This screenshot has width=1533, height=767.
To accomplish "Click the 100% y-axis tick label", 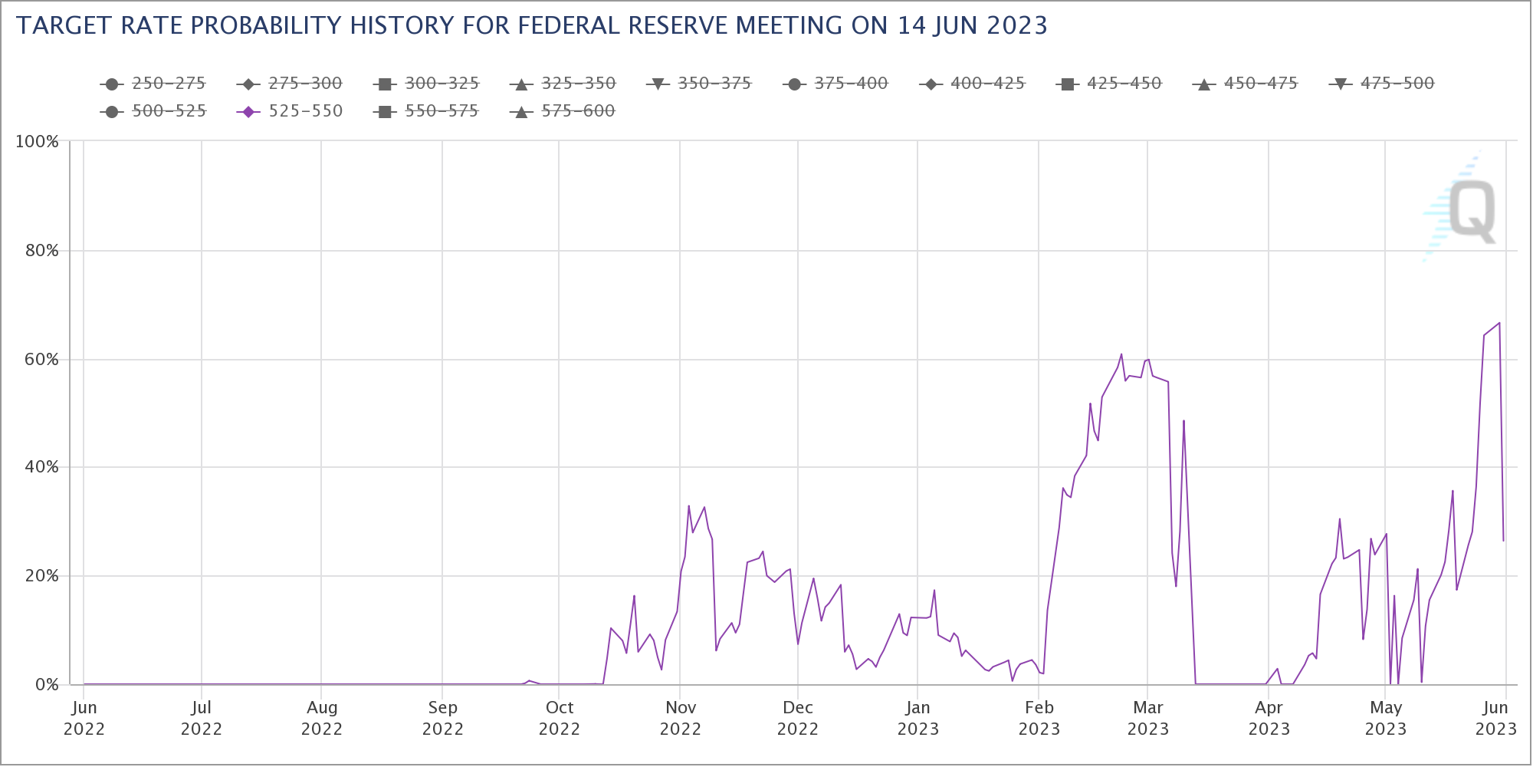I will point(37,142).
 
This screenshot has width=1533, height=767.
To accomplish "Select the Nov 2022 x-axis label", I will point(680,718).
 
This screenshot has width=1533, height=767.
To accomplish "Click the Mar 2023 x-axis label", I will point(1147,718).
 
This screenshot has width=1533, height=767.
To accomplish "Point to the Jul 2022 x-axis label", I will point(201,718).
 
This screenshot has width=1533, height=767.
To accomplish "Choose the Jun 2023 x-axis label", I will point(1495,718).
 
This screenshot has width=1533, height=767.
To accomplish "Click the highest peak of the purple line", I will point(1499,323).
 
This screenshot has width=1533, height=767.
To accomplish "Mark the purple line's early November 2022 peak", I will point(688,505).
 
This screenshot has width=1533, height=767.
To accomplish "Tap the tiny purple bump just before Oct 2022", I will point(529,680).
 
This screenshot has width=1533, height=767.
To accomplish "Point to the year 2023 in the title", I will point(1016,26).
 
